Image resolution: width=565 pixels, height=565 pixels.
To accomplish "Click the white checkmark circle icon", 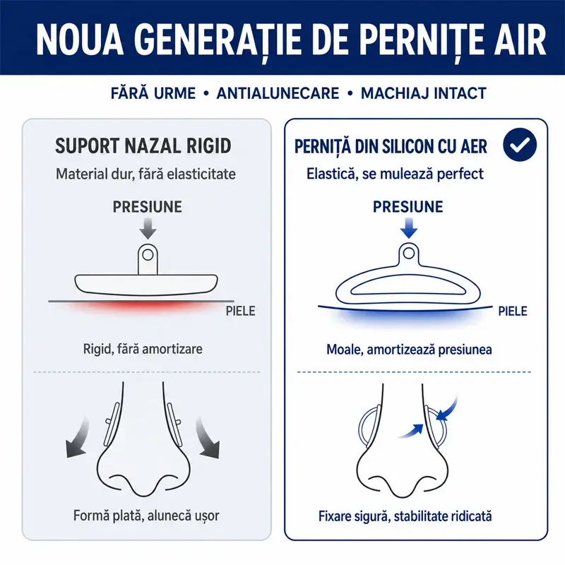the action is pos(520,144).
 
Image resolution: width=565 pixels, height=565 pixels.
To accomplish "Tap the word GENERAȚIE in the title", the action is pos(219,40).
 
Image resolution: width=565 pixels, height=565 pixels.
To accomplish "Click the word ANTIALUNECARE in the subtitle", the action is pos(278,93).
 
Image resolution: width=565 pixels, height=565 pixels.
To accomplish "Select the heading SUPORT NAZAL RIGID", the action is pos(143,146).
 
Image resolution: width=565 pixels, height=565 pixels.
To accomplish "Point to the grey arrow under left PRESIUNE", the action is pos(148,229).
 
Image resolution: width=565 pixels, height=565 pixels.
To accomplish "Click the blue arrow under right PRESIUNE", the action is pos(409,228).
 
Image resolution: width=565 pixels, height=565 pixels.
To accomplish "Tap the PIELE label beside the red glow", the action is pos(240,311).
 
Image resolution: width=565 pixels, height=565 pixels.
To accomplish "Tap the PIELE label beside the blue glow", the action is pos(513,311).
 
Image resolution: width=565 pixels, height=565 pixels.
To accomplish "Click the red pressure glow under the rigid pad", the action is pos(141,307).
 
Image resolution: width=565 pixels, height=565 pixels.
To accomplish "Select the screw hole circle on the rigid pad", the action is pos(148,255).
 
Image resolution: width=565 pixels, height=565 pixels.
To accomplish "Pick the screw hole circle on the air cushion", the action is pos(409,253).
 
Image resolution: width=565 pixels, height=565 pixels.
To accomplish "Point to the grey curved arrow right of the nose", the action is pos(206,438).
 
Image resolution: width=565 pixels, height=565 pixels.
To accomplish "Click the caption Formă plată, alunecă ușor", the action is pos(146,516).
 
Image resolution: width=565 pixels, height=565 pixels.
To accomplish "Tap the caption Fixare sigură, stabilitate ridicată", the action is pos(405,516).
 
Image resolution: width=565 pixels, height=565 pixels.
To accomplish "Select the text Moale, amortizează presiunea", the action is pos(409,349).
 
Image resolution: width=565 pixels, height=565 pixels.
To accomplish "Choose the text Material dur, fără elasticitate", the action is pos(145,174).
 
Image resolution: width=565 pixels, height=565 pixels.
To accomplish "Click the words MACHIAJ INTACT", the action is pos(424,93).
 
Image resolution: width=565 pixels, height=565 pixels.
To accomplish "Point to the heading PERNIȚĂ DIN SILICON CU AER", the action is pos(391,146).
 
